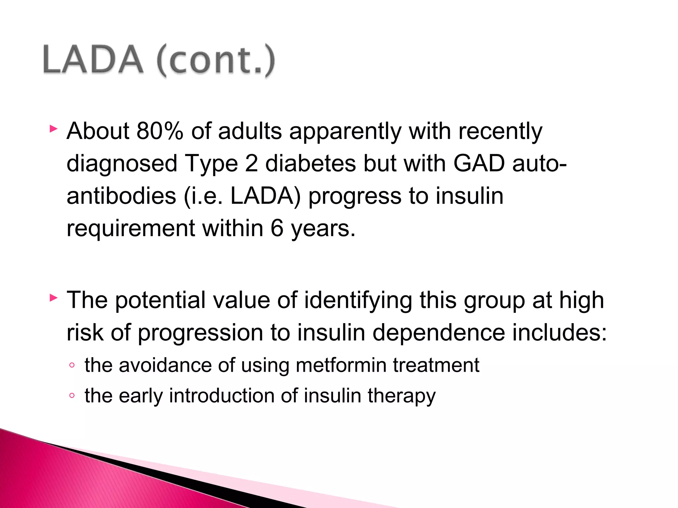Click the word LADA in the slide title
coord(93,60)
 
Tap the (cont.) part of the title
coord(216,61)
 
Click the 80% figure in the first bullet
coord(160,131)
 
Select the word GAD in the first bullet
coord(479,163)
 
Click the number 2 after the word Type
coord(251,163)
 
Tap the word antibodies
coord(121,196)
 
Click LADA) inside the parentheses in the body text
coord(265,196)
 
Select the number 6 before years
coord(277,228)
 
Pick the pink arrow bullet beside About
coord(53,129)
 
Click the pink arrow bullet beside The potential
coord(53,298)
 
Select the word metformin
coord(341,365)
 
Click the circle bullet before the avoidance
coord(72,365)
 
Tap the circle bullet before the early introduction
coord(72,396)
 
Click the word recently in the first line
coord(500,132)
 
